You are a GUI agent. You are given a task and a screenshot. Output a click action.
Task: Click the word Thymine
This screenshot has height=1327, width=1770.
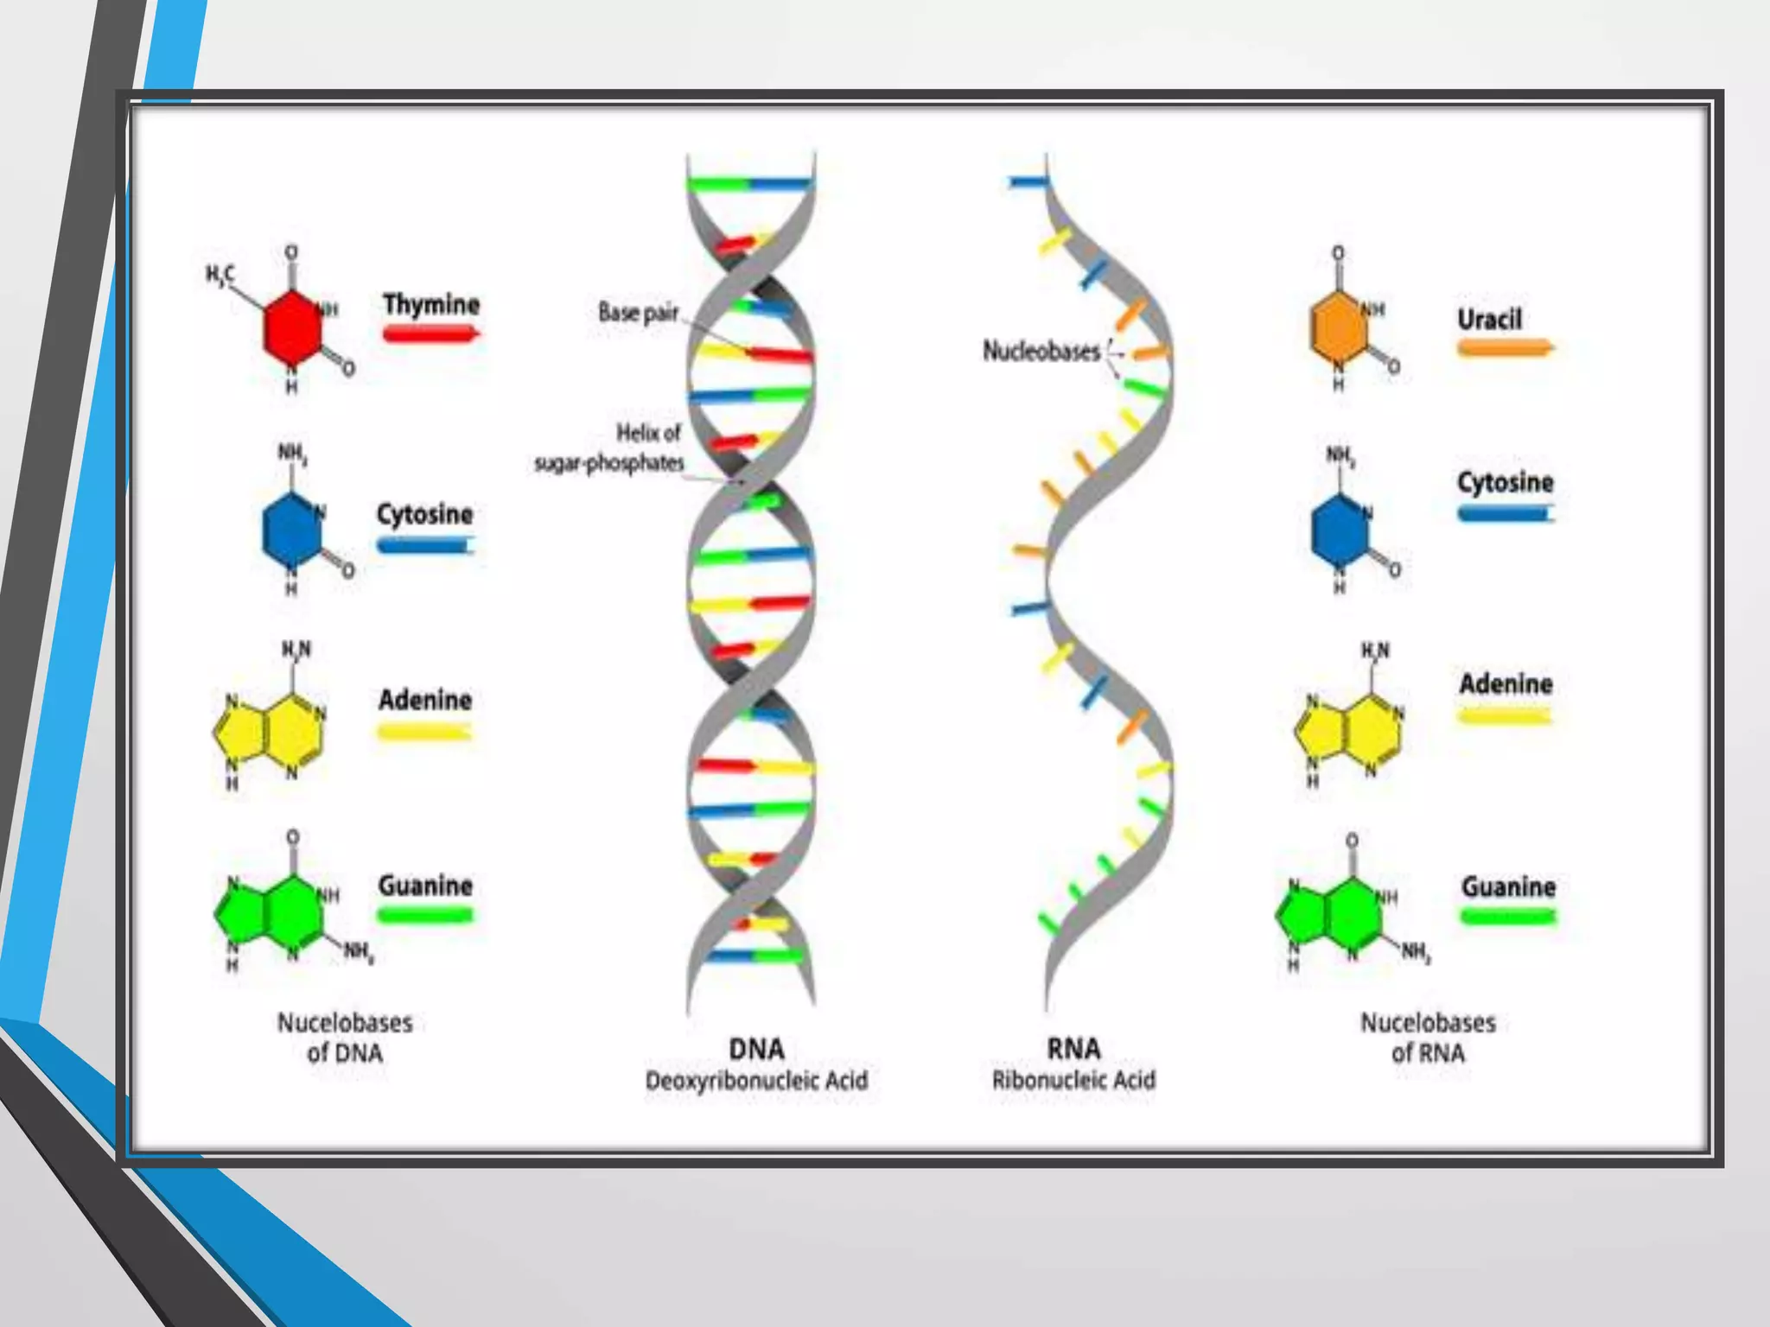point(431,304)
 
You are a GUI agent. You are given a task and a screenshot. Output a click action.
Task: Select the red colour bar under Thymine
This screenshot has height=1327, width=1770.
point(430,333)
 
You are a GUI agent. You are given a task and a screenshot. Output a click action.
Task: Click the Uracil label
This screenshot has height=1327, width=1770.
point(1489,319)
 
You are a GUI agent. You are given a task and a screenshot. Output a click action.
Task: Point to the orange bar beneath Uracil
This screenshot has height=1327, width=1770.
point(1505,348)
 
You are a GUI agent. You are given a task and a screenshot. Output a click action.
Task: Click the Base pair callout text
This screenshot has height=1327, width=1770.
point(638,312)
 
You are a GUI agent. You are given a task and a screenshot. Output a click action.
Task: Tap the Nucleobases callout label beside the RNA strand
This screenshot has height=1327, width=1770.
point(1041,351)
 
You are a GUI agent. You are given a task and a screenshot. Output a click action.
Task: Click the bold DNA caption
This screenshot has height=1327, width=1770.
point(756,1049)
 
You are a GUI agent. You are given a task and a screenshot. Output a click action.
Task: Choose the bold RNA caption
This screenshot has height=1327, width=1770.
point(1073,1049)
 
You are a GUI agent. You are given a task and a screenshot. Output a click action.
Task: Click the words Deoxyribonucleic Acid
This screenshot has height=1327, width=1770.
point(756,1080)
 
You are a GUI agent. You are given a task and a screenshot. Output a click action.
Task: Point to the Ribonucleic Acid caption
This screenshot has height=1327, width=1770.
point(1073,1080)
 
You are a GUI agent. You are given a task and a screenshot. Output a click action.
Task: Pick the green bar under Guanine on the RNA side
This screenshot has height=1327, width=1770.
point(1508,917)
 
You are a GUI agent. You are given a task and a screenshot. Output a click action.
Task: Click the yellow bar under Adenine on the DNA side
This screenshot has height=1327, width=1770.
point(424,733)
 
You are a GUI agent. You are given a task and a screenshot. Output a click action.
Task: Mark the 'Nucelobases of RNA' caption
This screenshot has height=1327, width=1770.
point(1428,1038)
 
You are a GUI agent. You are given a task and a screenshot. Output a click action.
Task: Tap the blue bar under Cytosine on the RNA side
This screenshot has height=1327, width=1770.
point(1505,514)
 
